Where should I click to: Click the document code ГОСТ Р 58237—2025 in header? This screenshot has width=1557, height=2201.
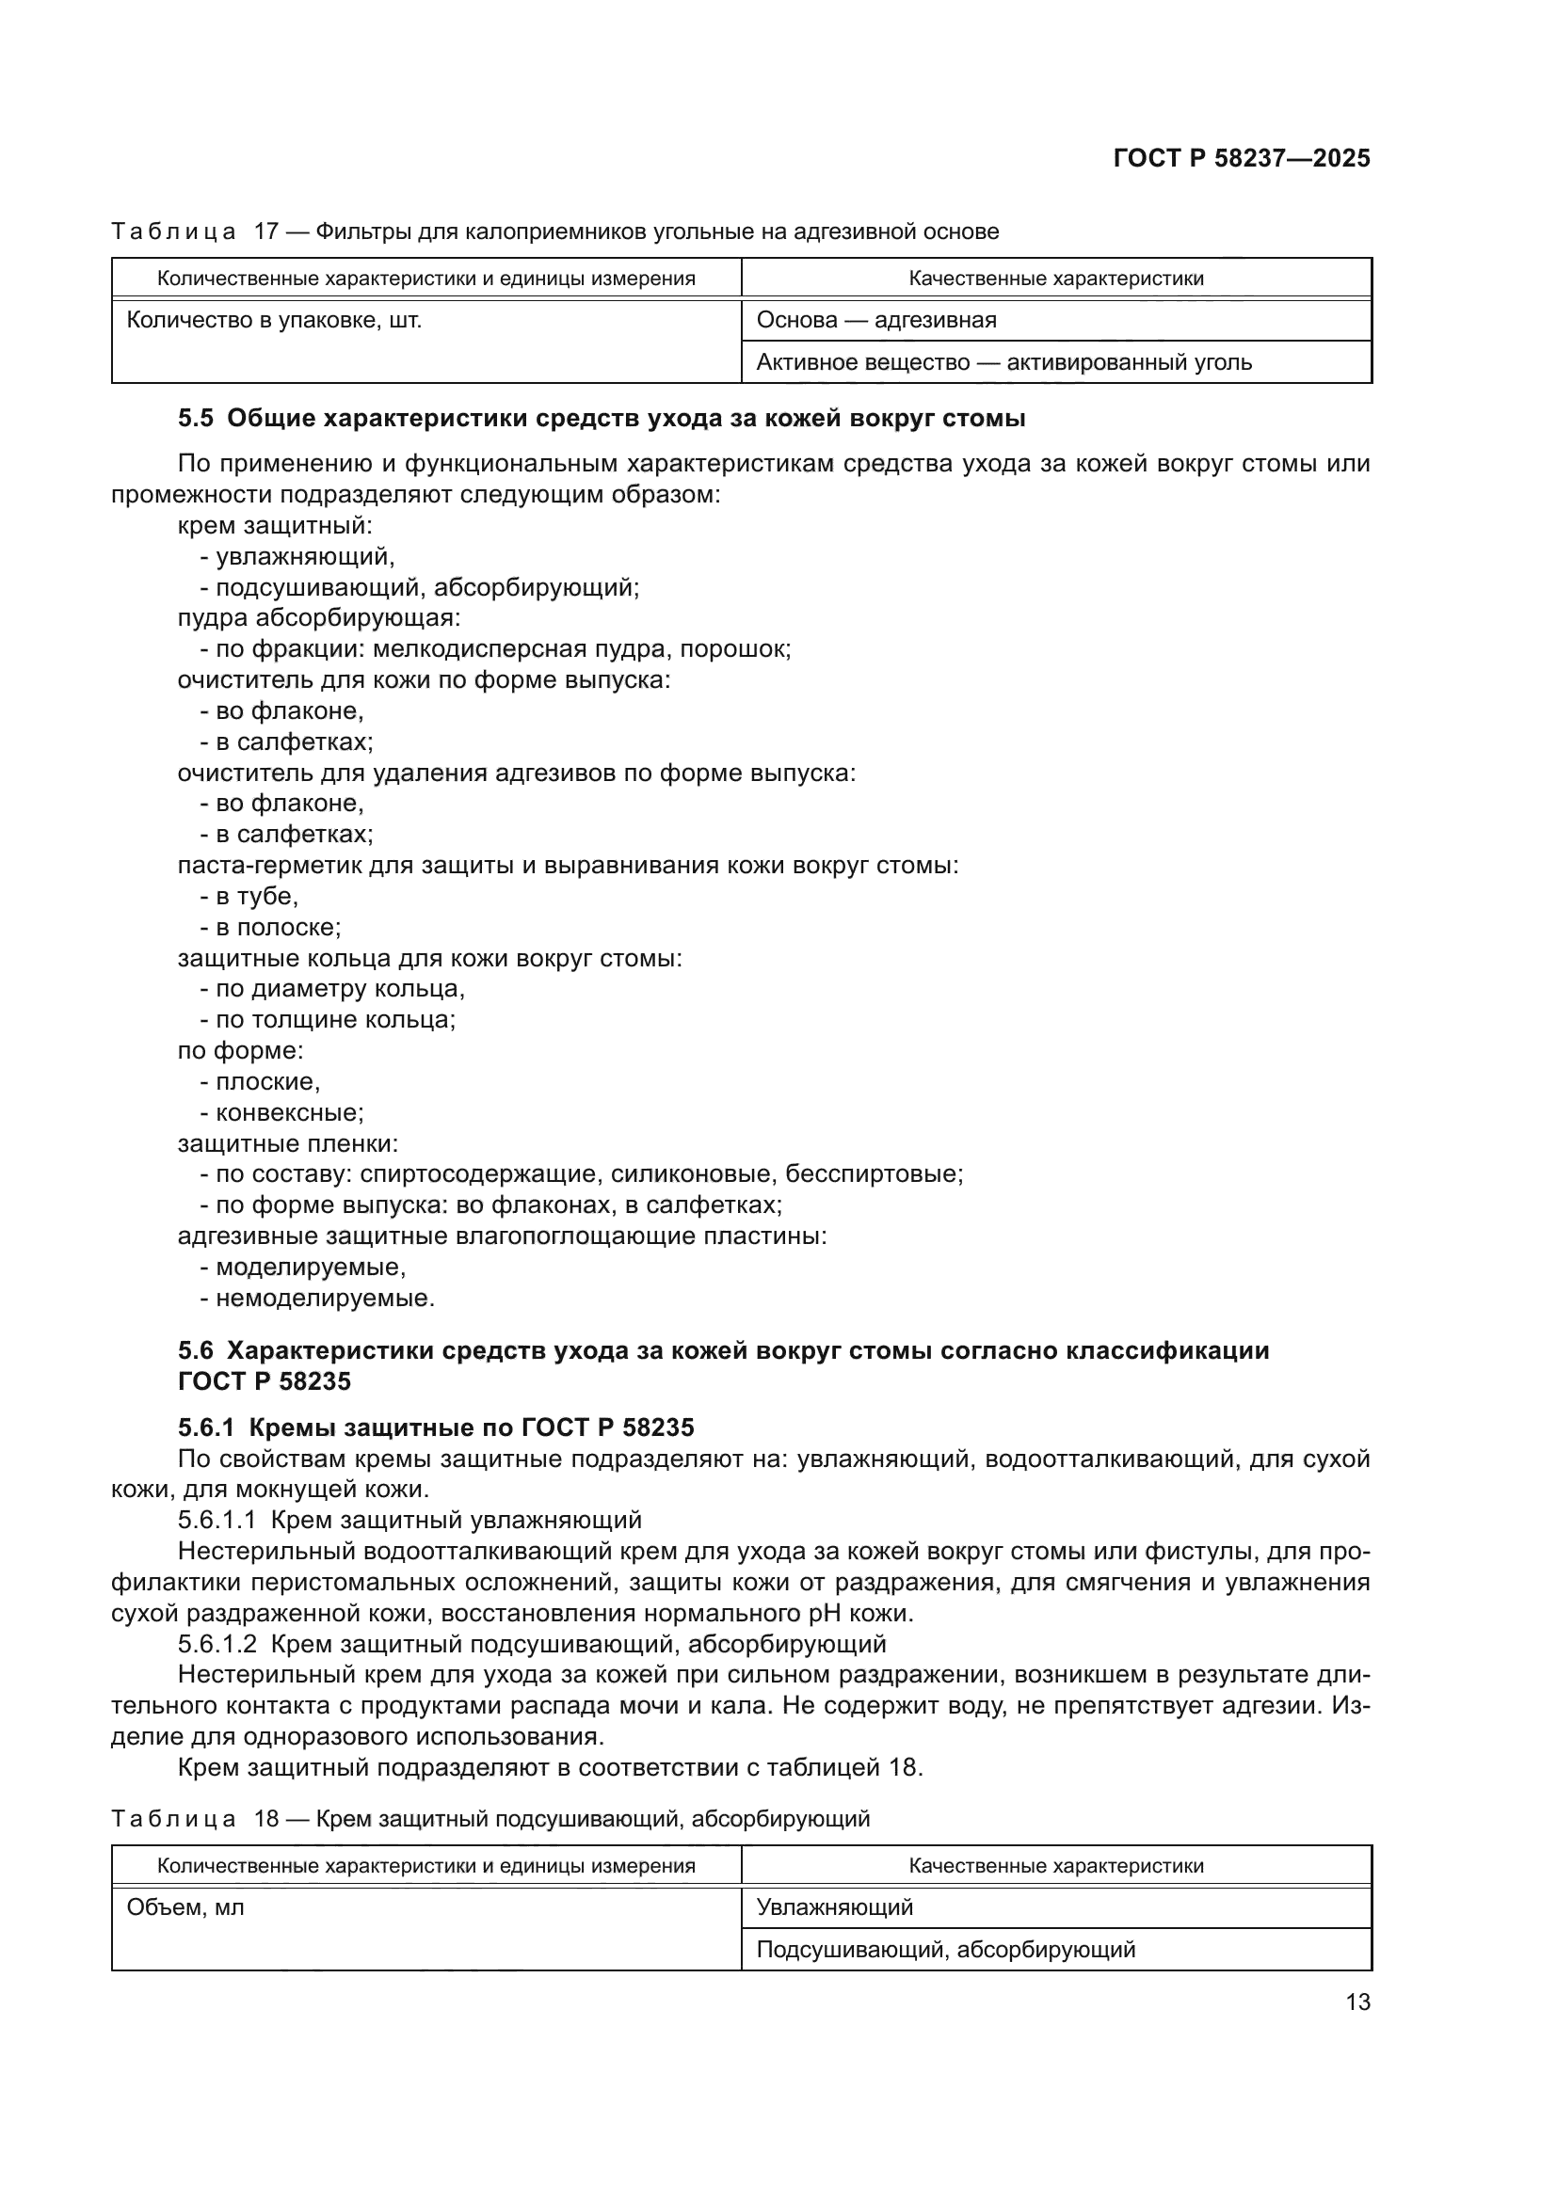[1241, 158]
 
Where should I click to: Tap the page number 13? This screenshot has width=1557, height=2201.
[1357, 2002]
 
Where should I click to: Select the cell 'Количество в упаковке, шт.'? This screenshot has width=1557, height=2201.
[274, 320]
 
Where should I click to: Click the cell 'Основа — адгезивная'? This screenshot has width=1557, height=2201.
[876, 320]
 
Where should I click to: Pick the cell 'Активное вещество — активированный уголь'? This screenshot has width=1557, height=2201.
[1003, 362]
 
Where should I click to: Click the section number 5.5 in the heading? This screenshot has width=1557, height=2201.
[196, 418]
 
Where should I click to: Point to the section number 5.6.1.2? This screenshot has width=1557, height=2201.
[217, 1644]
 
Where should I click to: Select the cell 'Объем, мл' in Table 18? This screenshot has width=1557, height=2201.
[185, 1907]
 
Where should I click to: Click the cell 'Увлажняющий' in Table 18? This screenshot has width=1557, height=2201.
[834, 1907]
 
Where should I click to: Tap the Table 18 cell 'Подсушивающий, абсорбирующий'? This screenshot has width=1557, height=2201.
[945, 1950]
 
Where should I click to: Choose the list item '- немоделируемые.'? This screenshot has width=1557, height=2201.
[316, 1298]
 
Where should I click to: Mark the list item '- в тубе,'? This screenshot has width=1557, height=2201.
[249, 897]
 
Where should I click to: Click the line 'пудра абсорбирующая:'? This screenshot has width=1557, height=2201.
[319, 618]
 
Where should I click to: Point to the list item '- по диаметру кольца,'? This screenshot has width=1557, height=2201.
[331, 988]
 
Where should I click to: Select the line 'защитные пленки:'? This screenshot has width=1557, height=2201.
[288, 1143]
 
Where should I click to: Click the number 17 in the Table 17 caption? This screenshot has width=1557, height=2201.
[265, 232]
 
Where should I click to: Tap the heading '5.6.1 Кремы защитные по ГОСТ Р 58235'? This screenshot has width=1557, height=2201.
[435, 1427]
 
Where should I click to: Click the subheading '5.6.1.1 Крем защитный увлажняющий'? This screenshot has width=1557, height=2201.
[409, 1521]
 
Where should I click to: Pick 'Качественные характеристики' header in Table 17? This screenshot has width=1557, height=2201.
[1055, 279]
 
